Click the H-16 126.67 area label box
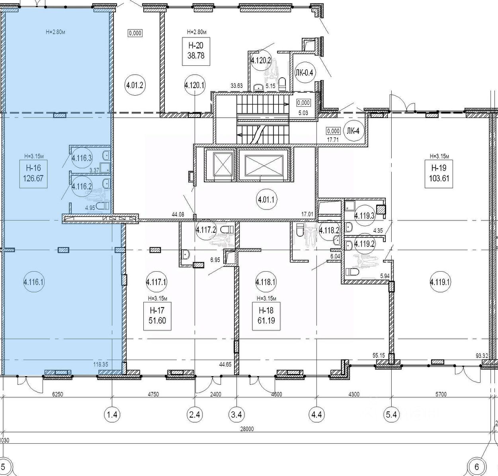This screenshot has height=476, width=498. point(33,174)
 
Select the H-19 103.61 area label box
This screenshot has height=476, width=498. point(439,174)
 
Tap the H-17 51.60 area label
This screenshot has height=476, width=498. point(157,316)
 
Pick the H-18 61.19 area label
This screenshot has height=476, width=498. point(266,316)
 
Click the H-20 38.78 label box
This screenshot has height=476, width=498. point(196,51)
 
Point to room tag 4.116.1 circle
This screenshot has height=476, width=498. point(34,282)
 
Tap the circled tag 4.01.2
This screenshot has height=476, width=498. point(135,85)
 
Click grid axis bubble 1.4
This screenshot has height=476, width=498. point(112,414)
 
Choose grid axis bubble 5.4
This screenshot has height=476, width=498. point(392,414)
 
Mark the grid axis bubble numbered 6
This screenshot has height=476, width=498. point(477,467)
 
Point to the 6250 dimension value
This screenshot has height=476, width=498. point(57,394)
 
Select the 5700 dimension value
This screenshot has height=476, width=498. point(441,394)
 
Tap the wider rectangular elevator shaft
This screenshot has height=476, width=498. point(264,165)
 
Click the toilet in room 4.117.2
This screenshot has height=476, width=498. point(227,229)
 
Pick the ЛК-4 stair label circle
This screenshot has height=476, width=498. point(353,131)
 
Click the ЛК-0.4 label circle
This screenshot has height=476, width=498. point(304,73)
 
